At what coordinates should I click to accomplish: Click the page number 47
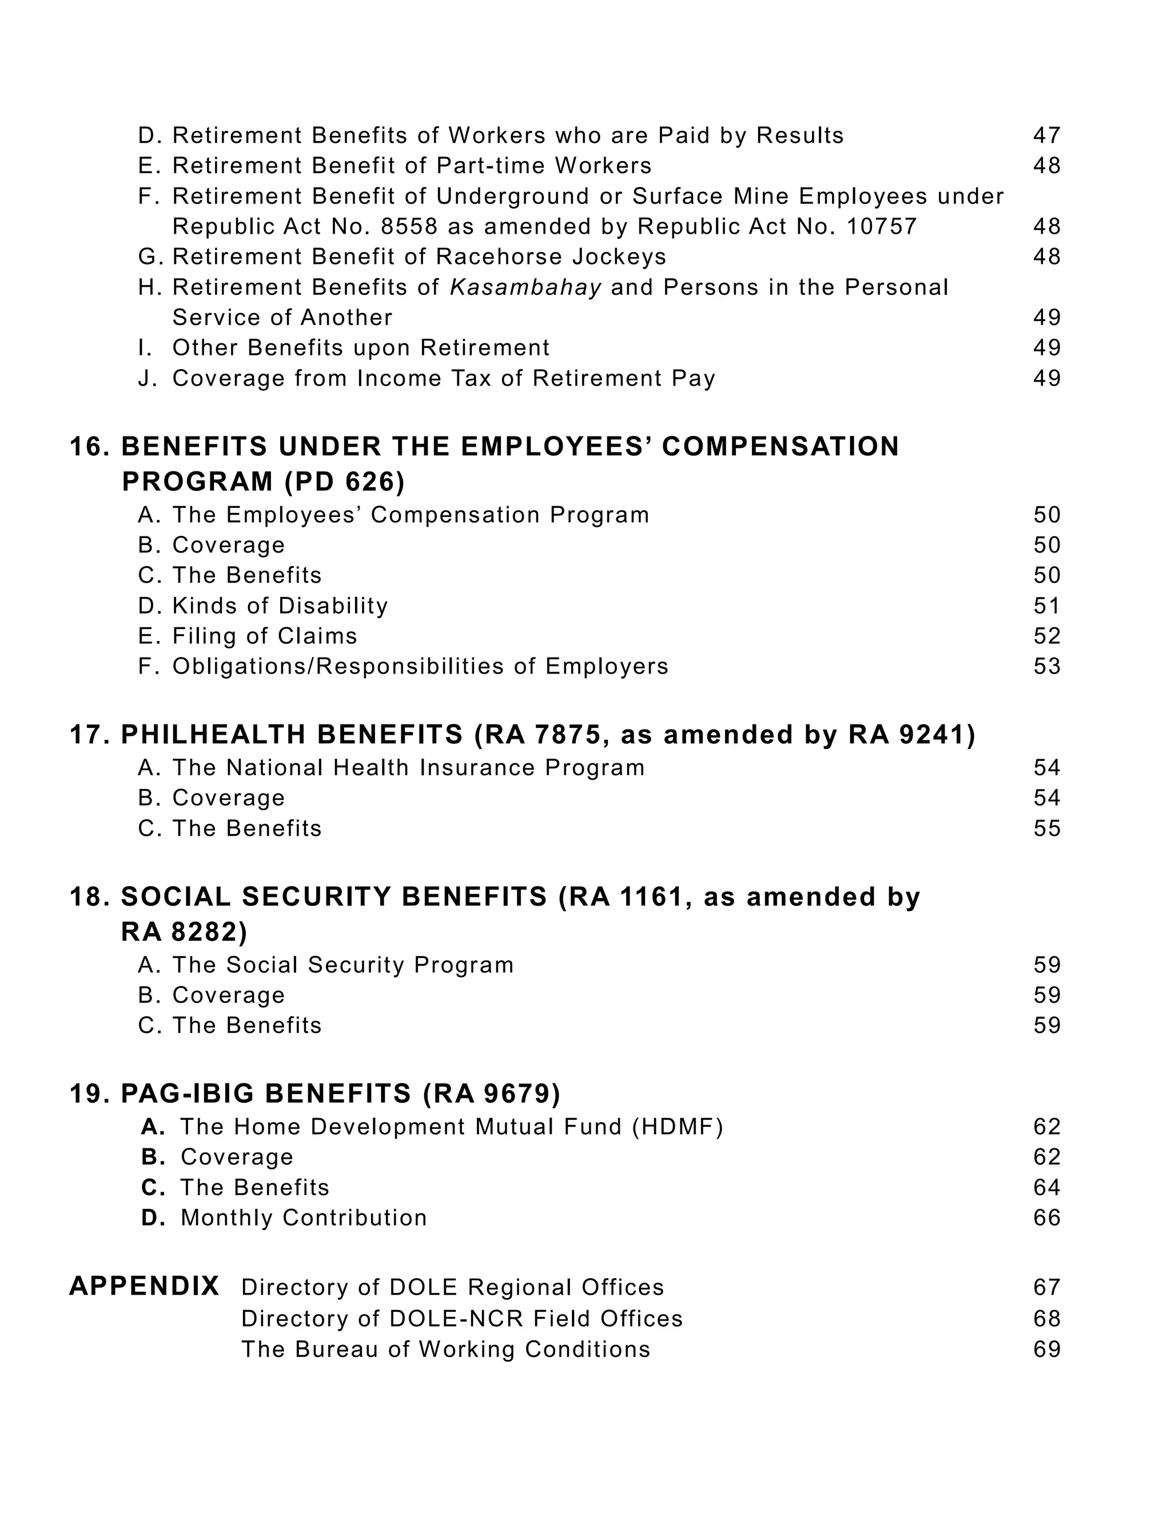(x=1046, y=135)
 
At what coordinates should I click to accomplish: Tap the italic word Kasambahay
(x=525, y=287)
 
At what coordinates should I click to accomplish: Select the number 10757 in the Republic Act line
(x=881, y=227)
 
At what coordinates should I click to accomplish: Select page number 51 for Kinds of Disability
(x=1046, y=606)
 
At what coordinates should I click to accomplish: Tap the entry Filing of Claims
(x=264, y=636)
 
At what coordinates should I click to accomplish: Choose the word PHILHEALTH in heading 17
(x=292, y=735)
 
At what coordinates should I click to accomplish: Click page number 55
(x=1046, y=828)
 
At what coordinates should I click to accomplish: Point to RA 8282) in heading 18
(x=184, y=932)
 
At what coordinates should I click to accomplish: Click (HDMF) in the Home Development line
(x=677, y=1127)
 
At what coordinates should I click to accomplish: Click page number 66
(x=1046, y=1218)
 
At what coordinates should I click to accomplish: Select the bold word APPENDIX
(x=144, y=1287)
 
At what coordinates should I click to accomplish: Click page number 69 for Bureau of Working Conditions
(x=1046, y=1349)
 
